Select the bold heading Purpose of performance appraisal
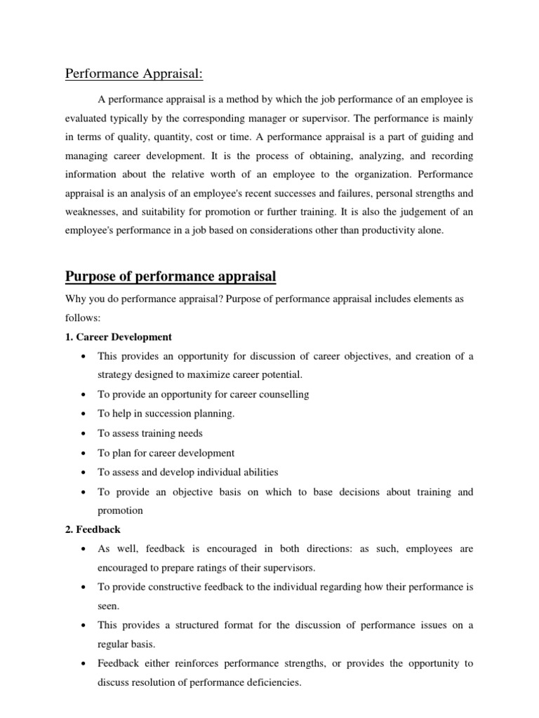coord(171,277)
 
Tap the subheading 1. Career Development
coord(119,337)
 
